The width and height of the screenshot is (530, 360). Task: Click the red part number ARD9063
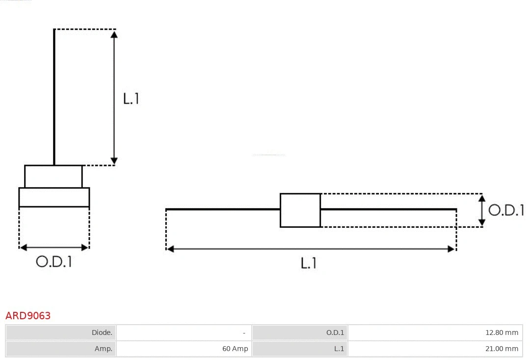pyautogui.click(x=28, y=315)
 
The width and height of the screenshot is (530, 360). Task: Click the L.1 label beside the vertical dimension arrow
pyautogui.click(x=131, y=99)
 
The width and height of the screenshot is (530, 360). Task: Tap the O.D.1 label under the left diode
pyautogui.click(x=54, y=262)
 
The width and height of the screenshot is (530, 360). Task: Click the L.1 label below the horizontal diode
pyautogui.click(x=309, y=263)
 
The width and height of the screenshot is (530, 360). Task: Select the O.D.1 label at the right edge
pyautogui.click(x=506, y=210)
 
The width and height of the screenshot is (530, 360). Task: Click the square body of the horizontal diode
pyautogui.click(x=300, y=210)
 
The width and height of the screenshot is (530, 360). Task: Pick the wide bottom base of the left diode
pyautogui.click(x=54, y=197)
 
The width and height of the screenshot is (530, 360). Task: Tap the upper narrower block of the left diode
pyautogui.click(x=53, y=176)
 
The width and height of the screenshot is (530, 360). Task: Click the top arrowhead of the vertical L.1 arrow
pyautogui.click(x=114, y=34)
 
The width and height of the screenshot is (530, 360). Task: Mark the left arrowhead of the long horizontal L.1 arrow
pyautogui.click(x=171, y=249)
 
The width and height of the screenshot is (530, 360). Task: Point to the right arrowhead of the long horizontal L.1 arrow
pyautogui.click(x=451, y=249)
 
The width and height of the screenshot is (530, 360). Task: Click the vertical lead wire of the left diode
pyautogui.click(x=54, y=98)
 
